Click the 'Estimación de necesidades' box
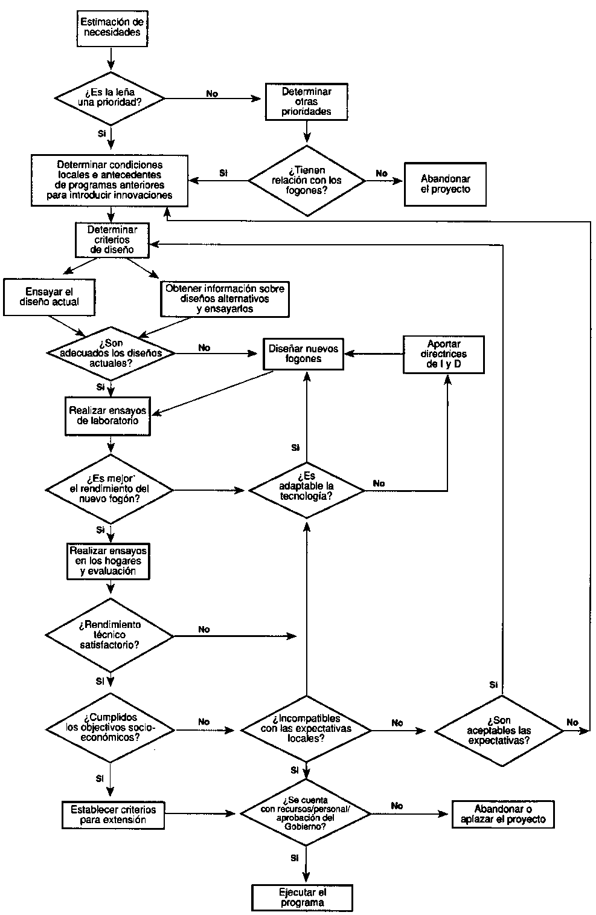(112, 28)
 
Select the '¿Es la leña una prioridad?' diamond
(110, 99)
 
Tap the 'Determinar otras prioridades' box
(306, 102)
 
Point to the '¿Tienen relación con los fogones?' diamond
(307, 181)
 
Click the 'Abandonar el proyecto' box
(446, 184)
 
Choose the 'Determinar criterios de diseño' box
(112, 240)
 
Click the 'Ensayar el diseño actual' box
(50, 297)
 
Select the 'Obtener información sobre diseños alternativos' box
(225, 299)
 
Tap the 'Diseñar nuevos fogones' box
(303, 354)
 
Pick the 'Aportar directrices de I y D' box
(444, 355)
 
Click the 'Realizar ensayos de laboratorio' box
(107, 416)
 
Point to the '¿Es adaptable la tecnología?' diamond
(307, 490)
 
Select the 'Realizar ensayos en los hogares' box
(108, 561)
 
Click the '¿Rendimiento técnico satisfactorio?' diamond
(110, 635)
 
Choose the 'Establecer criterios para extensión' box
(113, 815)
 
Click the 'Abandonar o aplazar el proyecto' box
(503, 814)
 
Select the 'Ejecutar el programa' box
(302, 897)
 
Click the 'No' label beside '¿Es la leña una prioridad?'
(213, 94)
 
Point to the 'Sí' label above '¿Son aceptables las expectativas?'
(493, 685)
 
